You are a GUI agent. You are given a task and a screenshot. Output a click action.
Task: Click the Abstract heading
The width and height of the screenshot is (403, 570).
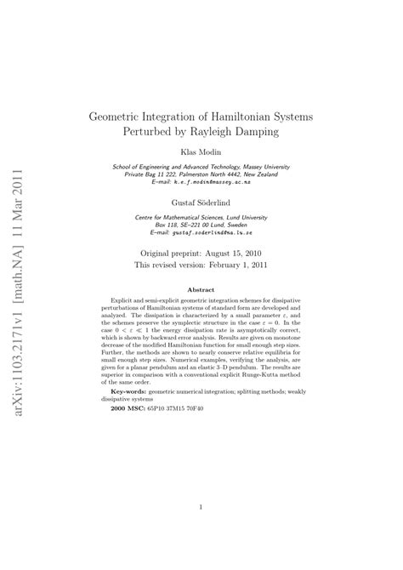point(200,289)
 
